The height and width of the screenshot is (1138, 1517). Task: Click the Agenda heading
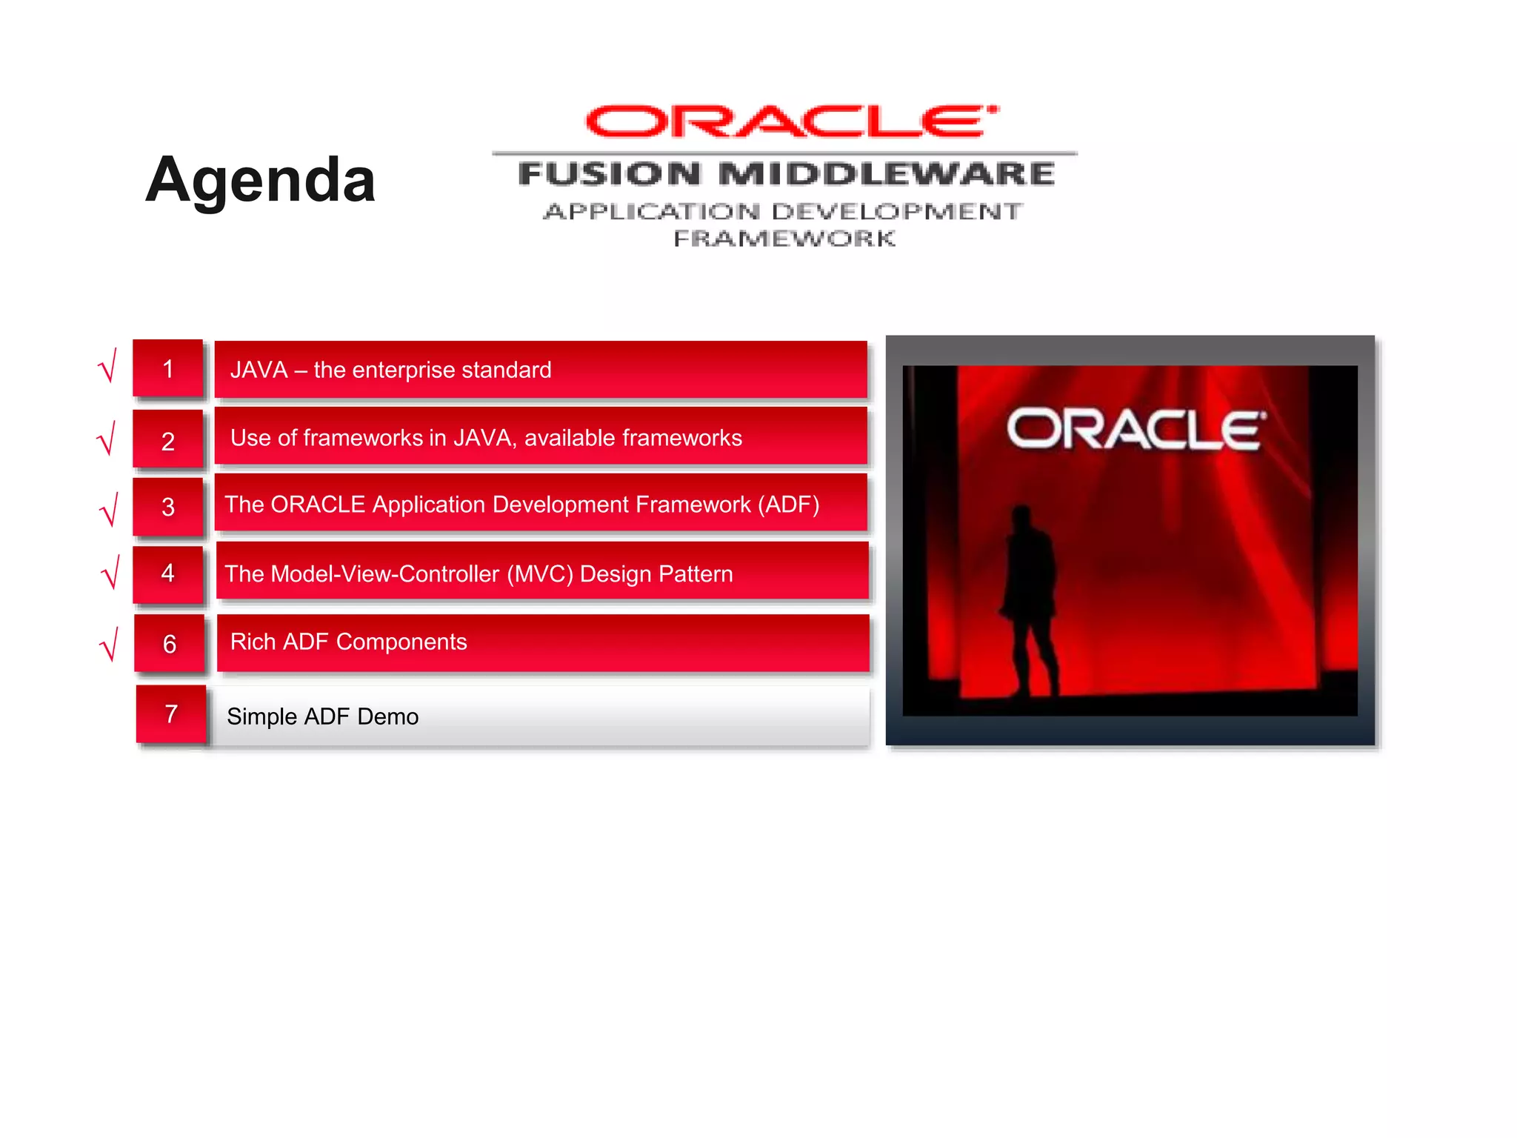(x=260, y=180)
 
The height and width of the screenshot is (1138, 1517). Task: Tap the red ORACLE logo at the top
(x=790, y=122)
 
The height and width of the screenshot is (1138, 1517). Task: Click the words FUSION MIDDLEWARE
(x=786, y=173)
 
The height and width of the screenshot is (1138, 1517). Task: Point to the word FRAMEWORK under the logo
(x=784, y=239)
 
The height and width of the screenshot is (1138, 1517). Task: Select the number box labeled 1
(x=168, y=369)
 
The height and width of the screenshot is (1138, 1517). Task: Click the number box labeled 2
(x=168, y=441)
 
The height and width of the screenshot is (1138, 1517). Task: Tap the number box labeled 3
(x=168, y=507)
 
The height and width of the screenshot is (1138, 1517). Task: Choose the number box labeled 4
(x=168, y=573)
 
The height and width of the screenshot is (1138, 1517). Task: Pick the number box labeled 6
(x=170, y=643)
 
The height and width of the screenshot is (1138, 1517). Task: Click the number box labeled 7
(x=171, y=713)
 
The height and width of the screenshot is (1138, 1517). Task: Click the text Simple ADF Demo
(x=322, y=716)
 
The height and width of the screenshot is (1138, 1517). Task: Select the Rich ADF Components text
(x=348, y=642)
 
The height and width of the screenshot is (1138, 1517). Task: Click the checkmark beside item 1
(x=108, y=366)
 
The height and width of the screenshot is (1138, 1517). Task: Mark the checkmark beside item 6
(x=110, y=645)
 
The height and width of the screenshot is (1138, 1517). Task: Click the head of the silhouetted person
(x=1022, y=515)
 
